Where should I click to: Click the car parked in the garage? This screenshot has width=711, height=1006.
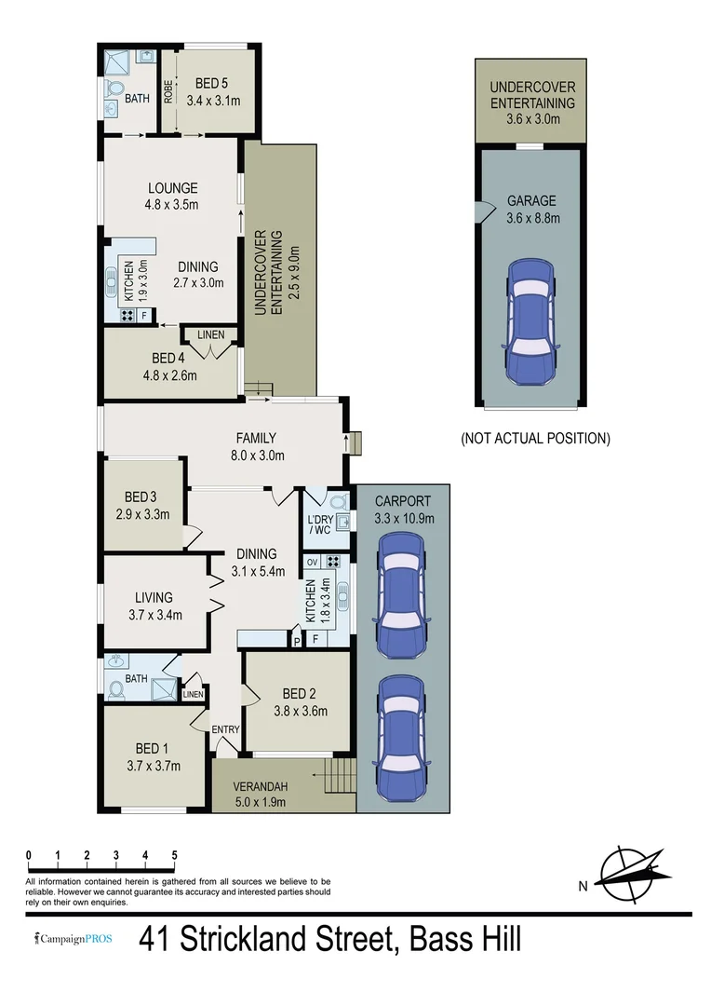531,321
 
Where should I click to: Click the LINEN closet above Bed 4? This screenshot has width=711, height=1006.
210,333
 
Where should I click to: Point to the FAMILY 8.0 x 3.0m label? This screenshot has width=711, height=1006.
256,446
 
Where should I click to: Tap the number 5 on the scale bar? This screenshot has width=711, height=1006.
175,855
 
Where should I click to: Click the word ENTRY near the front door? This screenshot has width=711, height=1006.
225,729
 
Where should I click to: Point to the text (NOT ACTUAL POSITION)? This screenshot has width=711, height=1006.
535,438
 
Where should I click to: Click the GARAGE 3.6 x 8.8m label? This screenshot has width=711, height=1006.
532,210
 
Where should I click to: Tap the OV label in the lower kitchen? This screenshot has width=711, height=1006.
312,562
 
